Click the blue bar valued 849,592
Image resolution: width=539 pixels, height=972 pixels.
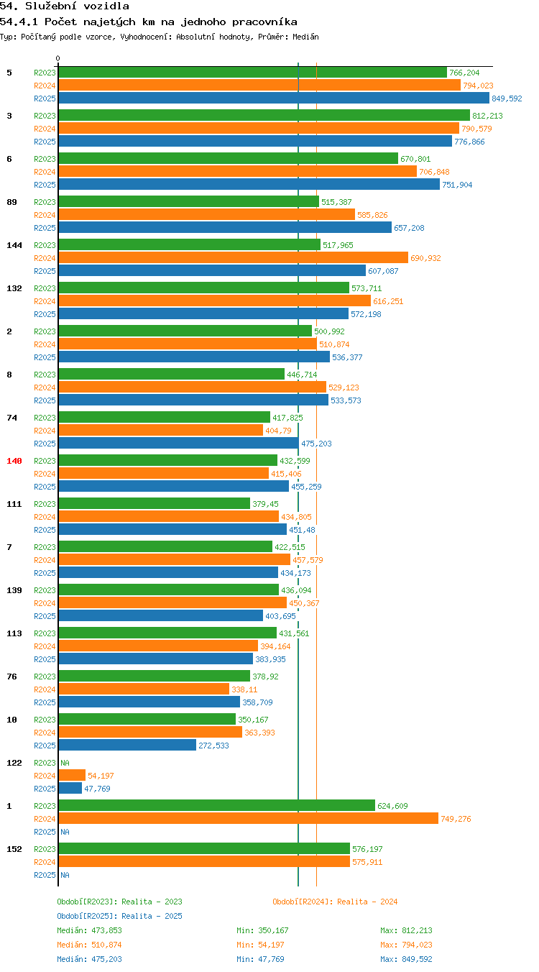[274, 98]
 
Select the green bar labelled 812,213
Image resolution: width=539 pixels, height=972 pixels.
[264, 116]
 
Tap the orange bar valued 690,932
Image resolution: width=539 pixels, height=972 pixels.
[234, 258]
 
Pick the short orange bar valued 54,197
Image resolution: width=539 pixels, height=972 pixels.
[72, 775]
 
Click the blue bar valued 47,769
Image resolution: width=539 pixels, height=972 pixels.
[70, 788]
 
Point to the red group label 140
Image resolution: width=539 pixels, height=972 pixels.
[14, 461]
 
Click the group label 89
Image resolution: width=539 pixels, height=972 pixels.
[11, 202]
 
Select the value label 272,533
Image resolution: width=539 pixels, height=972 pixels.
[213, 746]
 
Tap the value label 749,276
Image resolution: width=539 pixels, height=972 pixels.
[456, 819]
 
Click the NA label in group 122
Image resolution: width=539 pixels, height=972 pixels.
[65, 762]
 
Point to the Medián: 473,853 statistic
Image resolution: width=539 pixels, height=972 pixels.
[89, 930]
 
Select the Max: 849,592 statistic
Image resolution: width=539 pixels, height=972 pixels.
[406, 958]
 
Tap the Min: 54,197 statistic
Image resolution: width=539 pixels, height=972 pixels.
[260, 944]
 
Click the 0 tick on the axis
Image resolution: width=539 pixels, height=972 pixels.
[57, 58]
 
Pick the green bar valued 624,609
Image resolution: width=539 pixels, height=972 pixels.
[217, 805]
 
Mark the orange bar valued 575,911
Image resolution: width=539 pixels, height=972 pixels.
[204, 861]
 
